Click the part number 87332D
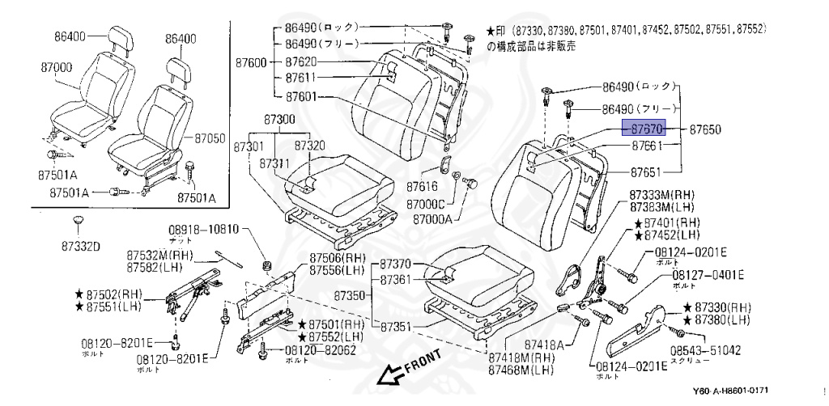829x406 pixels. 81,247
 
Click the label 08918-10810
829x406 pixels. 204,230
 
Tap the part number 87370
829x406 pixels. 396,264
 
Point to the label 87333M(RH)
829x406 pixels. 663,193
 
